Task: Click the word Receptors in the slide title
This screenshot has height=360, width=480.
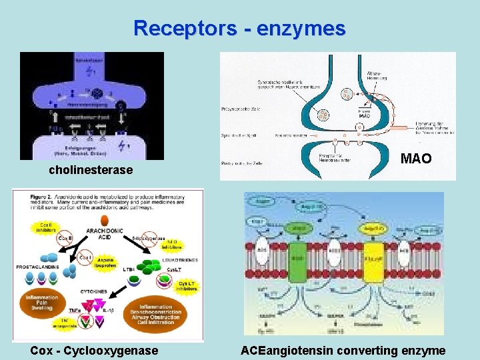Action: (185, 29)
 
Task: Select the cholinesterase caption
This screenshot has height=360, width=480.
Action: (91, 171)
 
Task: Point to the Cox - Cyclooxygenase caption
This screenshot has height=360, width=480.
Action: (94, 351)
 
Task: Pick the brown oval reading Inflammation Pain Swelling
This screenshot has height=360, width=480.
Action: (42, 304)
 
